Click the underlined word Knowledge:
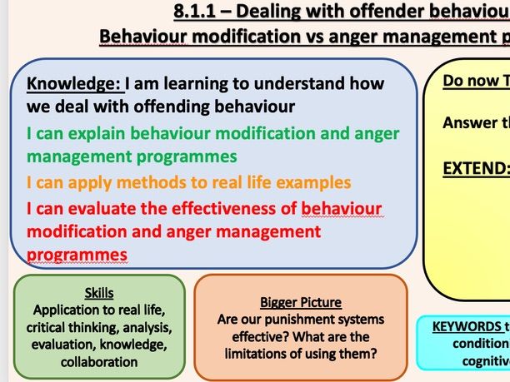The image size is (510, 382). (x=75, y=84)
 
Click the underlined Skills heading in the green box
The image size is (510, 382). (x=99, y=292)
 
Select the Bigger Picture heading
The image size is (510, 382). (x=301, y=301)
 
